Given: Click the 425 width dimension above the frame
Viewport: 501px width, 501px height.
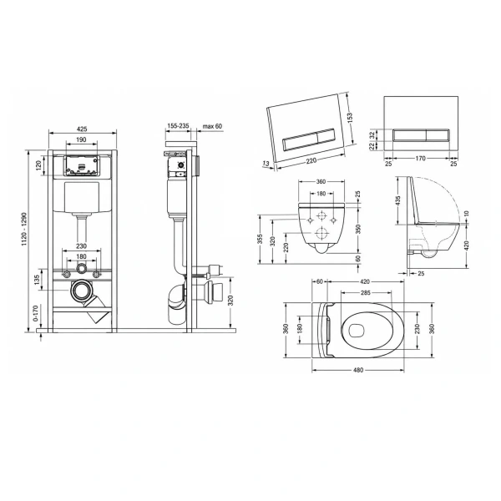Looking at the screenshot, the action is tap(82, 129).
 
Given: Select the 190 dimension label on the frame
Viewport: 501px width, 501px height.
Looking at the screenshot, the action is tap(81, 139).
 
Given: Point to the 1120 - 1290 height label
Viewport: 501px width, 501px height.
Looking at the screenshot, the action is tap(24, 229).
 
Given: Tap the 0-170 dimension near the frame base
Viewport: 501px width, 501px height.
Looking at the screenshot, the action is tap(35, 313).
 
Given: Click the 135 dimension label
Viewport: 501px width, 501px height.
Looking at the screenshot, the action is tap(37, 280).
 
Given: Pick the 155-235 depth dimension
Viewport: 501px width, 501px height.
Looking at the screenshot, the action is tap(178, 126).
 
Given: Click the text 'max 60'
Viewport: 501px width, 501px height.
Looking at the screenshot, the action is tap(212, 126).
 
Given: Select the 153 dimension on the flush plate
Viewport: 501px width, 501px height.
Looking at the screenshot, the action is tap(350, 117).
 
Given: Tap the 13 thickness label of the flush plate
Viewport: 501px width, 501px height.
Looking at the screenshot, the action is tap(266, 164).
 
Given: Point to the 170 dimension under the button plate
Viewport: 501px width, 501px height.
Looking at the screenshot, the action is tap(421, 158).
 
